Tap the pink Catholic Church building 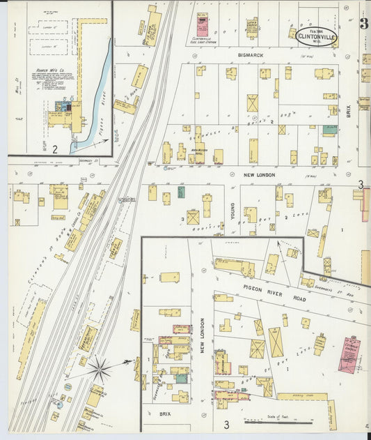[x=347, y=355]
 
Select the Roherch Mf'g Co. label [x=50, y=71]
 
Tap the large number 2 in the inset [x=54, y=149]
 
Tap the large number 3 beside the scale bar [x=226, y=424]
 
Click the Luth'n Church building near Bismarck [x=251, y=27]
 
